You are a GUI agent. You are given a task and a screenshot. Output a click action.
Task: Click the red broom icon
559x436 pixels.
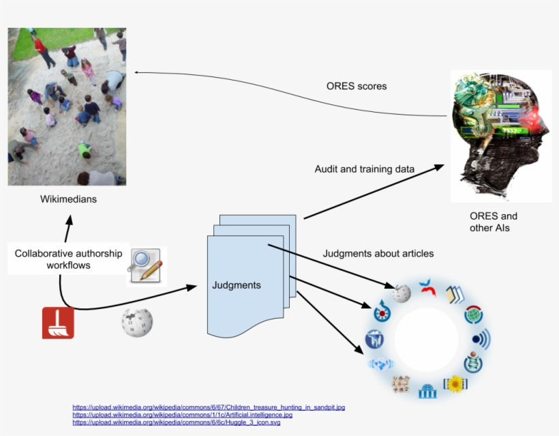58,323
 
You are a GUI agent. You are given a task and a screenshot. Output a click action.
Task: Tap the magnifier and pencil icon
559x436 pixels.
147,266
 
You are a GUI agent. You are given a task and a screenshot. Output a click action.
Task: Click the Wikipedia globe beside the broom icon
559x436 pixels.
137,323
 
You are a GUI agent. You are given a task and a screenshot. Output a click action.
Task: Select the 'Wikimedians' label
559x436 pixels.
68,199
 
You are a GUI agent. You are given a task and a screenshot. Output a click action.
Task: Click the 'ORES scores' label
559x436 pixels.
357,86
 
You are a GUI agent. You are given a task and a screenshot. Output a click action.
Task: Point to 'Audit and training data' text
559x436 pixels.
364,169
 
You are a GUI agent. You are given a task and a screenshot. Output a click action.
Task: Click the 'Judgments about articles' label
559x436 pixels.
378,253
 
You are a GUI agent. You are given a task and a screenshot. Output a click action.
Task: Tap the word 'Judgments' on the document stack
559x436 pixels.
237,285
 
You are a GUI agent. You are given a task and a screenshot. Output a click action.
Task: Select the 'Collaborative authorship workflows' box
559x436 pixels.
68,259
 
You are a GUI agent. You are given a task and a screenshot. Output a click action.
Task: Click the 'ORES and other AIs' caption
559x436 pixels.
494,222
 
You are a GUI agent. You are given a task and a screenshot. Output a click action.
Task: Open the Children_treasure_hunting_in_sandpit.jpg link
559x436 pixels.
209,407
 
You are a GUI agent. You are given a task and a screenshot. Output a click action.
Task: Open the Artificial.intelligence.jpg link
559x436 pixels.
182,415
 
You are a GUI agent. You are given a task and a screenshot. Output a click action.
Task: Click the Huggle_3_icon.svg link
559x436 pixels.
176,422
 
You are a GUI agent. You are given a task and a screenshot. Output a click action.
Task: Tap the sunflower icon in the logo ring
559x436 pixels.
455,383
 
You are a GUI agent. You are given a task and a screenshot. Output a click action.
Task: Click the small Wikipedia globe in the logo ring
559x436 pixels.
402,293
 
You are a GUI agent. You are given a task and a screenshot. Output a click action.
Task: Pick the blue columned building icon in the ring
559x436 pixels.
427,391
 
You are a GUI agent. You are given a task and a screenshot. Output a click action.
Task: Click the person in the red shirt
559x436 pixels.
44,53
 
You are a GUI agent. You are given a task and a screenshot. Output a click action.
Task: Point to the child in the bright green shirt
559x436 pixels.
87,151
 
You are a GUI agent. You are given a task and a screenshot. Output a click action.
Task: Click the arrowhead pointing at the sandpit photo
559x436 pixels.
136,72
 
